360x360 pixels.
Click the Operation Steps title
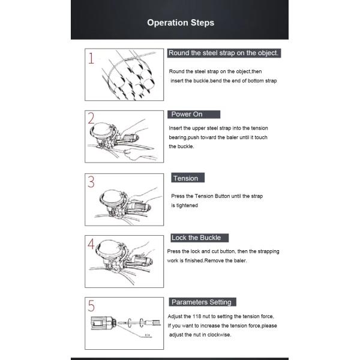[181, 23]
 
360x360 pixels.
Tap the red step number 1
[91, 58]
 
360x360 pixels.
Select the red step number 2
[91, 118]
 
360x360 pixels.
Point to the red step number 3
[91, 182]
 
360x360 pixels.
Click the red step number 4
[91, 244]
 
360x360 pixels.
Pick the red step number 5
[91, 306]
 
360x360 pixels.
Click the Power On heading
[187, 115]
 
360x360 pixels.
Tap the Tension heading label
[185, 178]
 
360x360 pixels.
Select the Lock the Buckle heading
[196, 238]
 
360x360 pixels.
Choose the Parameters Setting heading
[202, 302]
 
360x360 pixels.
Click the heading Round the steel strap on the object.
[223, 53]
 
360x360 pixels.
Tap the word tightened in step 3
[187, 205]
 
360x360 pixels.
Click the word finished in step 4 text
[194, 260]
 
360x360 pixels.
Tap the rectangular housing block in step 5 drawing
[99, 323]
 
